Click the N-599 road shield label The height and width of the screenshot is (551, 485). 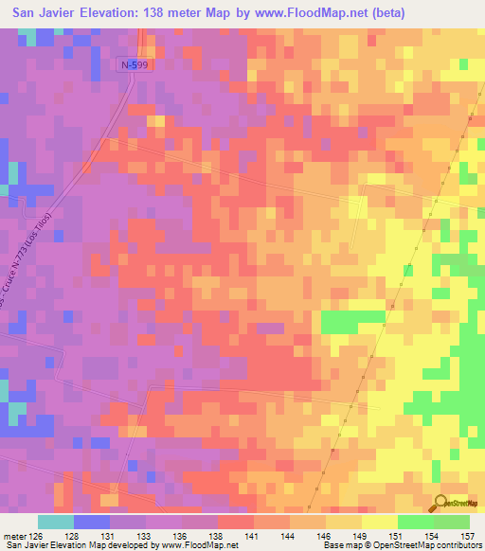pyautogui.click(x=135, y=63)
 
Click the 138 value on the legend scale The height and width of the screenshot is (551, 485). pyautogui.click(x=217, y=536)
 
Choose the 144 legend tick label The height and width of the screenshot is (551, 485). pyautogui.click(x=289, y=536)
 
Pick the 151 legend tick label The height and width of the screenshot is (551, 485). pyautogui.click(x=397, y=536)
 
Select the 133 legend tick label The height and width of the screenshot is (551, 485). pyautogui.click(x=145, y=536)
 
